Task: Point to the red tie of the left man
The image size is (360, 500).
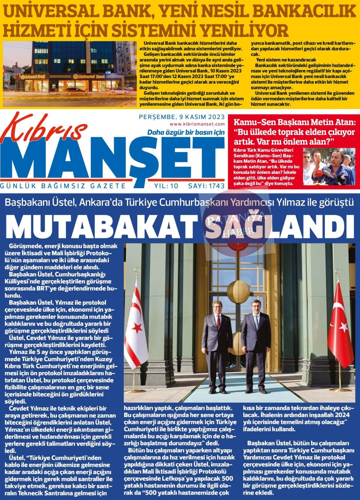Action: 218,322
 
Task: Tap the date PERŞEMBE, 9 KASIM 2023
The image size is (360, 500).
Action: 181,117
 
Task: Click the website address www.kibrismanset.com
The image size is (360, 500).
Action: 197,124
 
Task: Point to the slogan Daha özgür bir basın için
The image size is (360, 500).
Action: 186,132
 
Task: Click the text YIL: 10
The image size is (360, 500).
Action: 166,186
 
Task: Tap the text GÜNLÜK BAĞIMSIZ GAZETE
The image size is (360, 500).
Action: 63,186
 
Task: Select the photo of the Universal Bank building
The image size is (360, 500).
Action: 70,74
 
